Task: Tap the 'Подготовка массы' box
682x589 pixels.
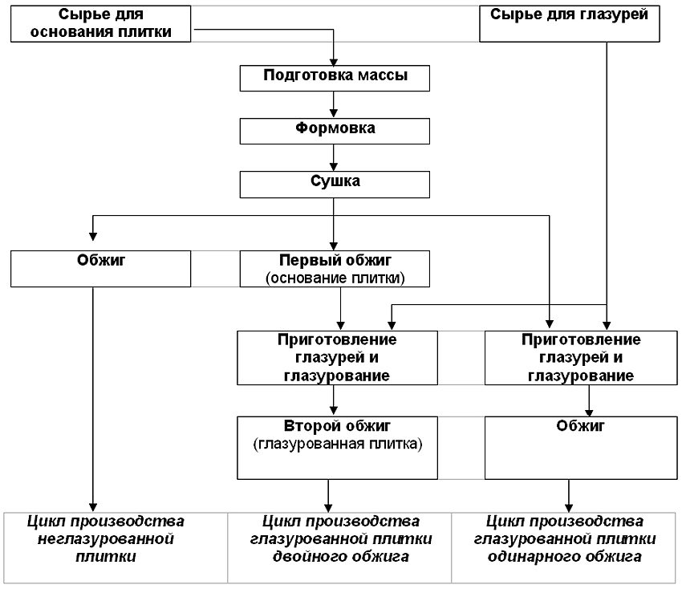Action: coord(335,77)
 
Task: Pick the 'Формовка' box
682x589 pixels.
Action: coord(335,131)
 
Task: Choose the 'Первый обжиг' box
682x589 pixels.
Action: coord(335,269)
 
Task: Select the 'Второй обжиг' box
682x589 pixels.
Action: coord(337,446)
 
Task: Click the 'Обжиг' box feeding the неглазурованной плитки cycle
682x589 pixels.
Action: coord(102,269)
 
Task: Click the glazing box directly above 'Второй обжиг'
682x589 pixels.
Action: coord(337,357)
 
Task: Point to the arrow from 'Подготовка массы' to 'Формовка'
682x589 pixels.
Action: coord(334,105)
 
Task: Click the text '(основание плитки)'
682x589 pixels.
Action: coord(335,278)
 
